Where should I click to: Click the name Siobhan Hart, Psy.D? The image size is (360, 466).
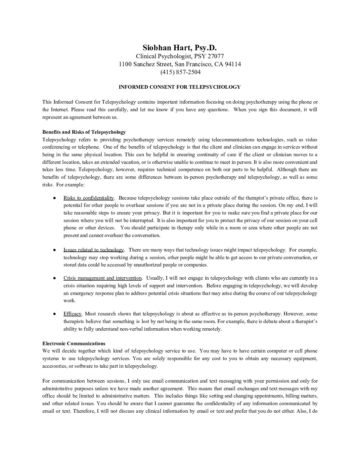[180, 48]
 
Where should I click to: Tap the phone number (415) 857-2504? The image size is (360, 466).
[180, 72]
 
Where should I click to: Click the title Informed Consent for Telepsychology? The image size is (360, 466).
[180, 87]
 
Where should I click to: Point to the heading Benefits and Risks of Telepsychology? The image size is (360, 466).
[84, 132]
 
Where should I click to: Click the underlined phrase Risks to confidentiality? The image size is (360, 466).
[89, 198]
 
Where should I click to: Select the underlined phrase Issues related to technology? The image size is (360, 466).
[94, 250]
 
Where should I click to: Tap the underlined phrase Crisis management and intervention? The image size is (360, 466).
[103, 278]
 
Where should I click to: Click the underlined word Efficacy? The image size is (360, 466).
[72, 314]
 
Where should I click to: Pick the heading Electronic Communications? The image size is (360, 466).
[74, 344]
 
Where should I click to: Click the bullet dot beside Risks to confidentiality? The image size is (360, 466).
[54, 198]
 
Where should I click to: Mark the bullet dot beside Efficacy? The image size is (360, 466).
[54, 314]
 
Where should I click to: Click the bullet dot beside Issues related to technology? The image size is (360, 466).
[54, 250]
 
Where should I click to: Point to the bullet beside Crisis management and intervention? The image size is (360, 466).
[54, 278]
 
